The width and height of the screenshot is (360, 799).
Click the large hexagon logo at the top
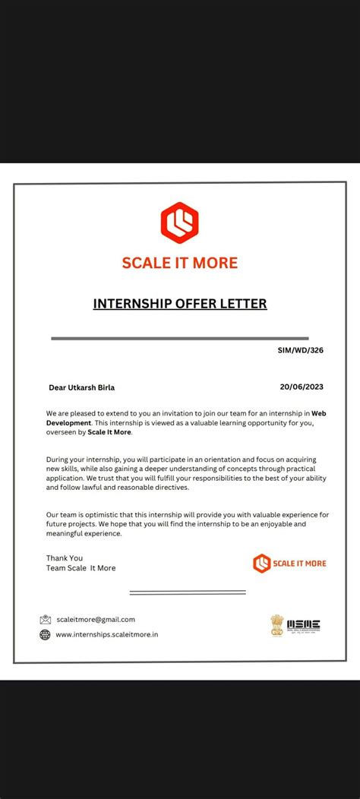click(x=179, y=222)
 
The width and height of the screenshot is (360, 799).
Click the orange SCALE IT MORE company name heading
click(x=180, y=263)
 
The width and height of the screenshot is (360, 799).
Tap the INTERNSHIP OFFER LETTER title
click(x=180, y=304)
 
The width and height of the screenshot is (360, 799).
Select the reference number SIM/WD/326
click(x=301, y=352)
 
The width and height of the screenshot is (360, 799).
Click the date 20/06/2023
click(x=302, y=387)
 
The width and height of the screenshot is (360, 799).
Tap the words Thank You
click(x=65, y=557)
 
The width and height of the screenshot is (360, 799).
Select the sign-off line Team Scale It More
click(x=81, y=568)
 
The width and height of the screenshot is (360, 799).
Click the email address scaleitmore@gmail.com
click(x=96, y=619)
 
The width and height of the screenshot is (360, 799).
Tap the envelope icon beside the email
click(x=46, y=620)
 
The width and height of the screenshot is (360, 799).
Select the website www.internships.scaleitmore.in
click(x=107, y=634)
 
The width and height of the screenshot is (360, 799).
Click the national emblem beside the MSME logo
click(x=277, y=625)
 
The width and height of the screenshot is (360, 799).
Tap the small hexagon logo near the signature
click(x=261, y=563)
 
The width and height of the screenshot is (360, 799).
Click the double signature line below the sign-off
click(x=188, y=592)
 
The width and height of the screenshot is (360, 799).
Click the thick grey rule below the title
click(x=180, y=338)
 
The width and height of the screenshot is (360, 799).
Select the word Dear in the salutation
click(x=57, y=387)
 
